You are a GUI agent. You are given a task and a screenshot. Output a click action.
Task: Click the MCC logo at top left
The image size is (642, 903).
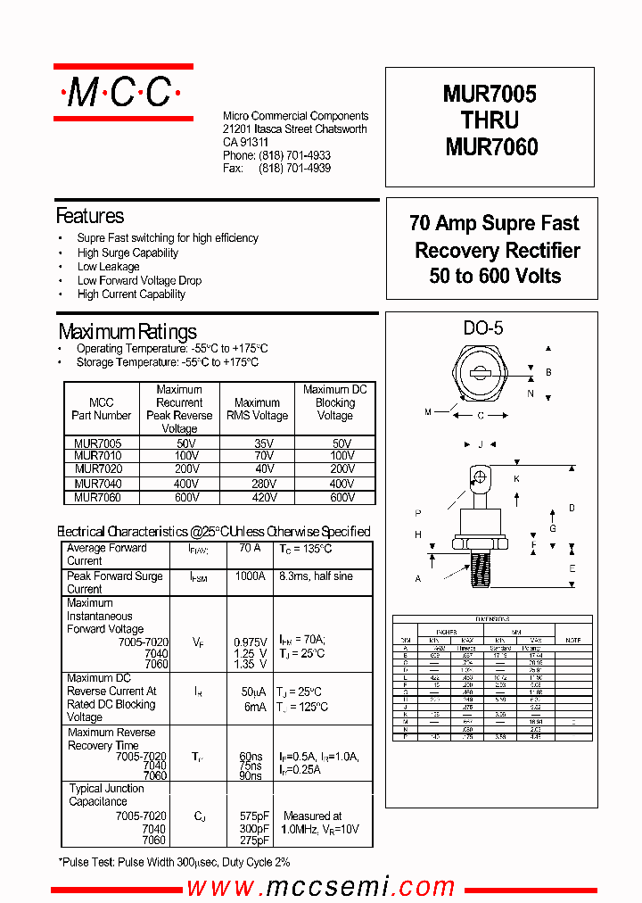tap(123, 92)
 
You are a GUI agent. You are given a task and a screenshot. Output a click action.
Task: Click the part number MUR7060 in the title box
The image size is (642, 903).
tap(491, 146)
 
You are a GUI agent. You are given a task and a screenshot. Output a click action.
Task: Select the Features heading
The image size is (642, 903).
tap(90, 216)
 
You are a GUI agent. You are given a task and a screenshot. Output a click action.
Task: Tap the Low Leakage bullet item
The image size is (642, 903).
tap(108, 266)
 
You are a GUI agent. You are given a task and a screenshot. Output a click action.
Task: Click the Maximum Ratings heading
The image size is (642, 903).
tap(128, 332)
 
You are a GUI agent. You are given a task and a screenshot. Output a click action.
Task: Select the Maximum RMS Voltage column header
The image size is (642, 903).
tap(257, 409)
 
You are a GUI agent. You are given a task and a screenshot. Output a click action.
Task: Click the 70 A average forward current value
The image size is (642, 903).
tap(250, 549)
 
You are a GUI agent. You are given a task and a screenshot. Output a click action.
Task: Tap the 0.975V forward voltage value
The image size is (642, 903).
tap(251, 642)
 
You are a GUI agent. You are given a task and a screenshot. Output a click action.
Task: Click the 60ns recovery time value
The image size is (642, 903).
tap(250, 757)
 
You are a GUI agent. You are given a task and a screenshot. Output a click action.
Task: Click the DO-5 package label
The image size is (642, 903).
tap(483, 328)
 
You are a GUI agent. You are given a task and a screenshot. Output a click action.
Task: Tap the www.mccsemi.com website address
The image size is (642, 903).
tap(320, 887)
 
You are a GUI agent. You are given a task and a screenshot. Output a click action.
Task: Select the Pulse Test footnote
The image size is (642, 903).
tap(174, 862)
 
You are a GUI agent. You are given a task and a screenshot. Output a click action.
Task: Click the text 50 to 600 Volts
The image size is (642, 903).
tap(495, 276)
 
